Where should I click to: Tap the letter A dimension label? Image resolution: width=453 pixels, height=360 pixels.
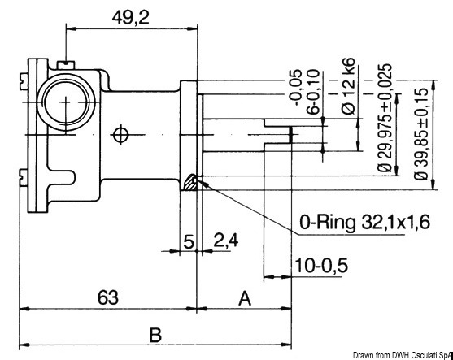(244, 297)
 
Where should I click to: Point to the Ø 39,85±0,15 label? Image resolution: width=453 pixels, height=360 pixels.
(419, 127)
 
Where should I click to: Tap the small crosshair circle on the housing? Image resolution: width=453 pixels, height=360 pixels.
(121, 133)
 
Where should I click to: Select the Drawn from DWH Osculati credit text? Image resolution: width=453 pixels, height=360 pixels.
(402, 354)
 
